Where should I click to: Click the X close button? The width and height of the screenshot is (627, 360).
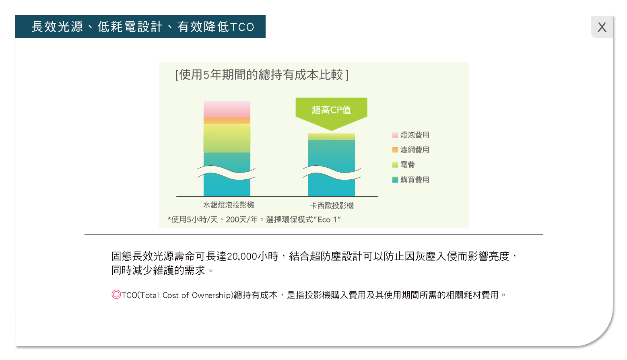point(602,27)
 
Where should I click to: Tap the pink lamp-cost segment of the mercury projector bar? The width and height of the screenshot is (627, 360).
point(227,109)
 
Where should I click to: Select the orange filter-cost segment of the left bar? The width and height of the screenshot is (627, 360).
point(227,121)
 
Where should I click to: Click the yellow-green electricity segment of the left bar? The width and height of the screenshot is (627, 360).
point(227,138)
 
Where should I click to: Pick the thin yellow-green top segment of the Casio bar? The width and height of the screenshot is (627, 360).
point(332,136)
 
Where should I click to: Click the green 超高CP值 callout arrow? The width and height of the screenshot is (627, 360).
point(332,112)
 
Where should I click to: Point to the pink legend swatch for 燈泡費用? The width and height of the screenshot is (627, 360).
point(395,135)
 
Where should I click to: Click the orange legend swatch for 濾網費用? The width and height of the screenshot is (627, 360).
point(395,150)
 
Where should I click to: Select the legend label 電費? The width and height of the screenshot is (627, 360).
point(408,165)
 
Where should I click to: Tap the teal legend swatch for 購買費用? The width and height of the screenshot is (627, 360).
point(395,179)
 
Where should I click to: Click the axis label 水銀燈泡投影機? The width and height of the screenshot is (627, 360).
point(229,205)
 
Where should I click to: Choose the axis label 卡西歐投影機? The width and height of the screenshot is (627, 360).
point(332,206)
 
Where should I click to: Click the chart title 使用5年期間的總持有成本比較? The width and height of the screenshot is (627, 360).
point(261,75)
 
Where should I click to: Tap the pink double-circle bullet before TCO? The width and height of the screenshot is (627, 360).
point(116,294)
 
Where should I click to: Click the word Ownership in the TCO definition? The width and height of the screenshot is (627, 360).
point(212,295)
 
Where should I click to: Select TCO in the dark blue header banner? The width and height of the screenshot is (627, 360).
point(242,27)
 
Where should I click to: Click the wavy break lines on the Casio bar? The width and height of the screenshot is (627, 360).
point(332,173)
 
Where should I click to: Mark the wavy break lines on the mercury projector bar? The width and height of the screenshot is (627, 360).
point(227,173)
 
